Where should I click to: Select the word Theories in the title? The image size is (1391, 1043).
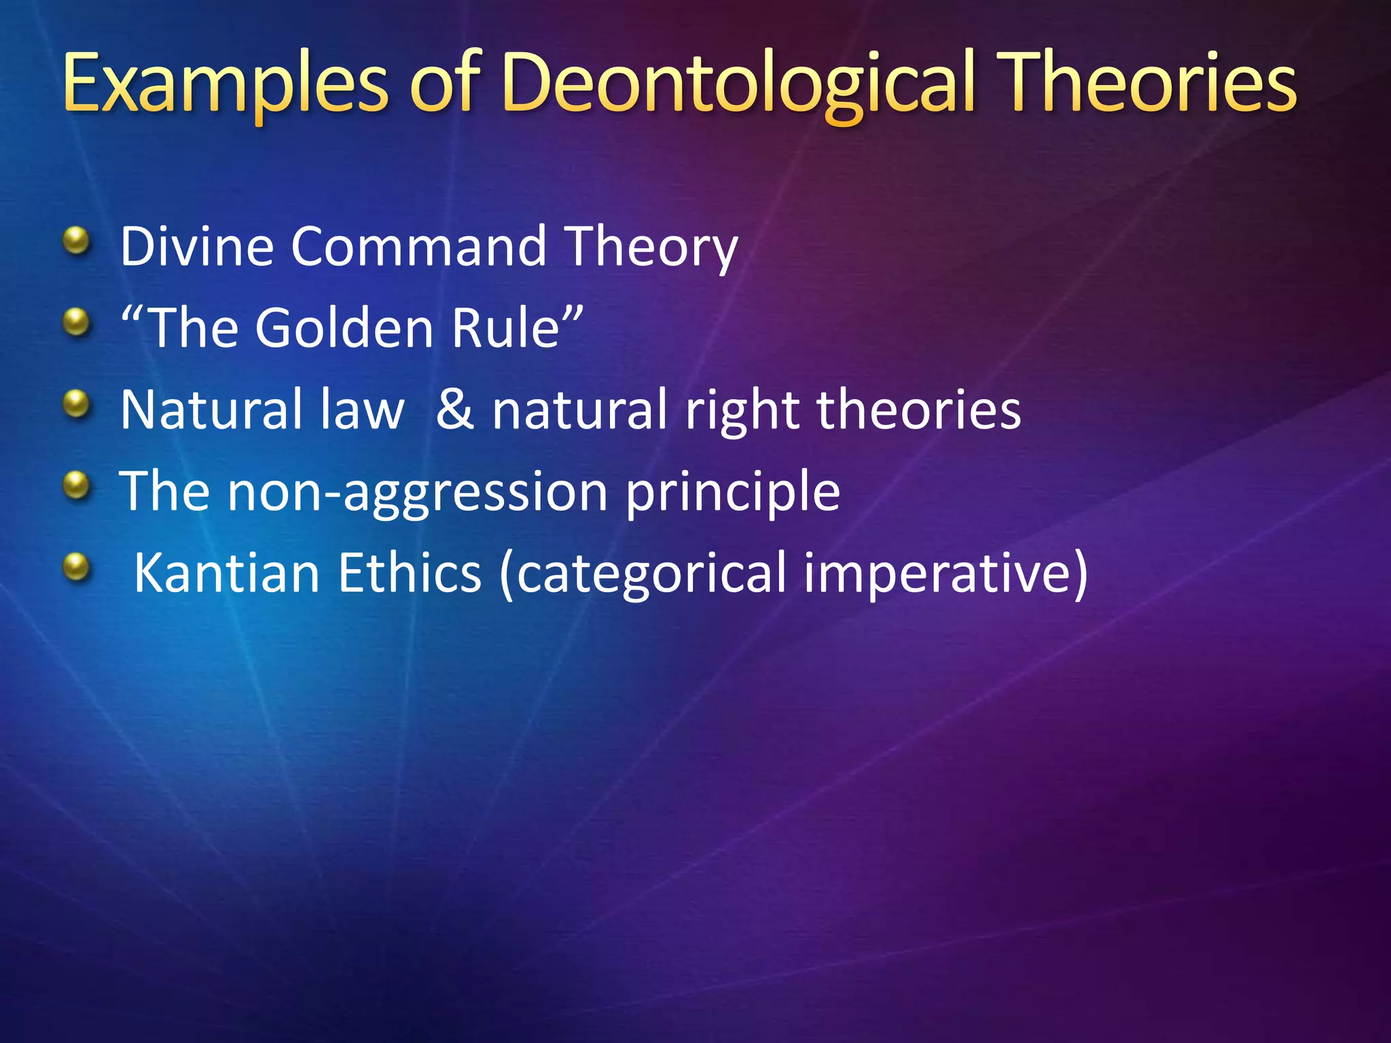(1149, 85)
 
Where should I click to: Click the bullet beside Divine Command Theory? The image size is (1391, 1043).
(77, 240)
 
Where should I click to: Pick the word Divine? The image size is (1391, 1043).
(197, 246)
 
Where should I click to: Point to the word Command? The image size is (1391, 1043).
(418, 246)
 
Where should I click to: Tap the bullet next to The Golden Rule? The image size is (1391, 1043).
(77, 322)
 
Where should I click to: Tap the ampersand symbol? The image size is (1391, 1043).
(454, 409)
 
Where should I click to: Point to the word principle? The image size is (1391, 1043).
(732, 492)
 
